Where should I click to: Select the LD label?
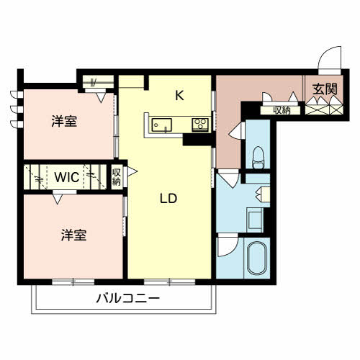[x=169, y=198]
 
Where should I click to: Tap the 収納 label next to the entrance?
[x=281, y=110]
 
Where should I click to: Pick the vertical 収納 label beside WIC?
[x=117, y=176]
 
